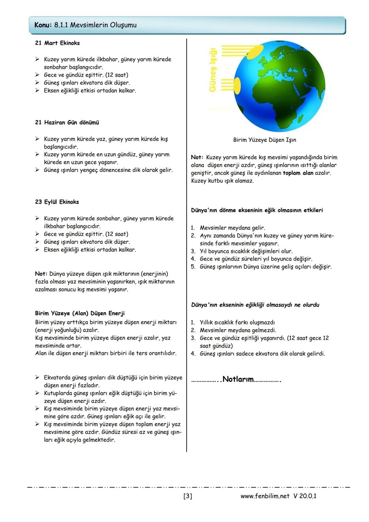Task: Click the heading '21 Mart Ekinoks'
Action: click(x=57, y=43)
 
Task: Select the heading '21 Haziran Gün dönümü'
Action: click(x=67, y=122)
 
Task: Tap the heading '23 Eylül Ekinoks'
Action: click(x=57, y=202)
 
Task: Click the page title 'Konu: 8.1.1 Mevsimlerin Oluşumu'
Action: click(x=85, y=25)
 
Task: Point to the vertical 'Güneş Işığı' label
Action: click(x=213, y=70)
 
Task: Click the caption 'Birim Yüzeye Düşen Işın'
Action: click(x=264, y=140)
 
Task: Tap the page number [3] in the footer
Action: click(x=188, y=496)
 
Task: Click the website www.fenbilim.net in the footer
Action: click(x=265, y=496)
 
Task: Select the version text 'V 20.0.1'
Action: click(x=305, y=496)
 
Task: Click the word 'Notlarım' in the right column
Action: click(x=238, y=379)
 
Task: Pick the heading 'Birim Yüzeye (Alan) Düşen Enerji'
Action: click(x=80, y=313)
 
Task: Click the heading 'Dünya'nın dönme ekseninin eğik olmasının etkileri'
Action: click(x=257, y=210)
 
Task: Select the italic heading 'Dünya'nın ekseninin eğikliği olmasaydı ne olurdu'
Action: click(x=255, y=305)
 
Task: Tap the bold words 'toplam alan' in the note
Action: click(x=298, y=173)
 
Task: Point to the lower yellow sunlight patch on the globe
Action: click(x=237, y=85)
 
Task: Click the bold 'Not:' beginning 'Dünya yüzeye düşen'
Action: click(x=41, y=274)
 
